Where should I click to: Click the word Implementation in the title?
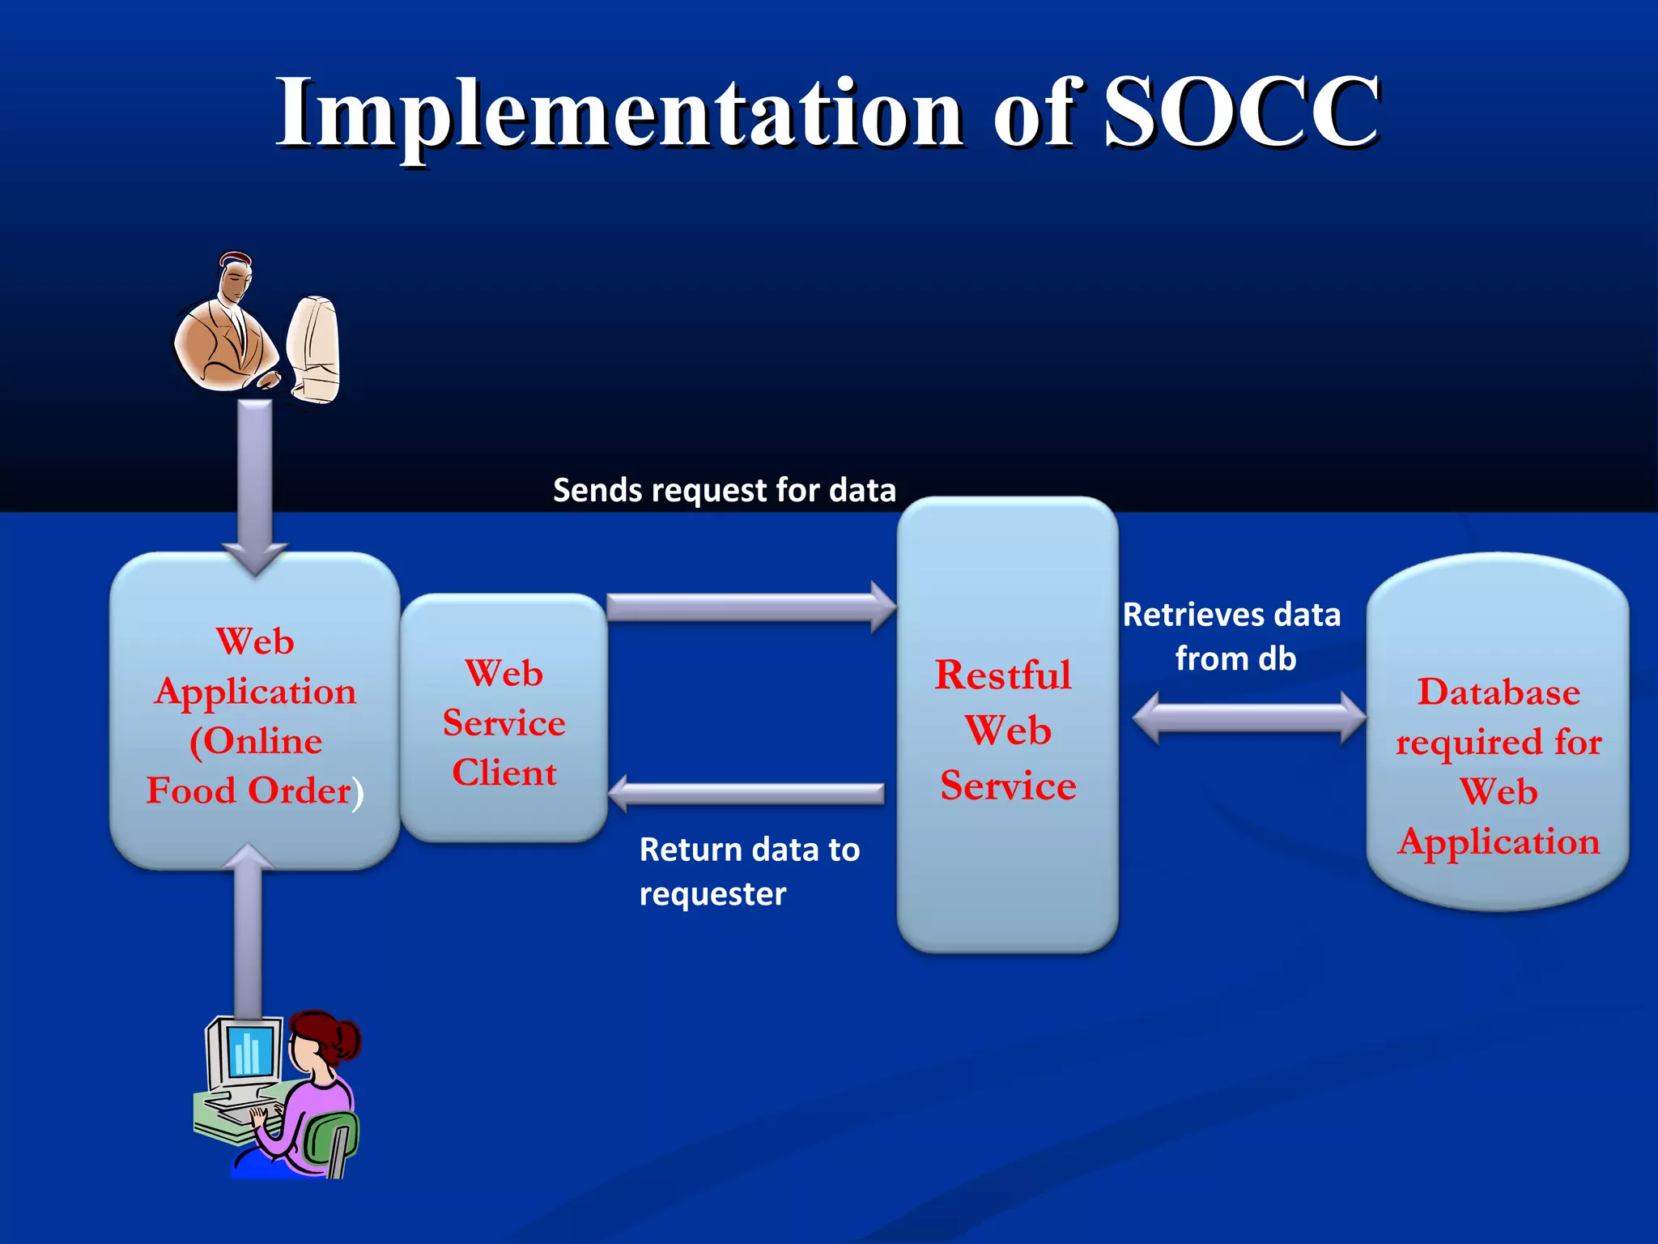point(619,113)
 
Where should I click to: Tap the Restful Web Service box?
point(1007,875)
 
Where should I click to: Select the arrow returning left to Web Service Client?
point(745,793)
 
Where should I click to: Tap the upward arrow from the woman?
point(248,931)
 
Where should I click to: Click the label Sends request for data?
point(724,490)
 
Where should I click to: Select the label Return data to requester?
point(749,871)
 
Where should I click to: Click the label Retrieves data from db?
point(1231,637)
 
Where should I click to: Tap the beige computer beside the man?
point(314,348)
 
